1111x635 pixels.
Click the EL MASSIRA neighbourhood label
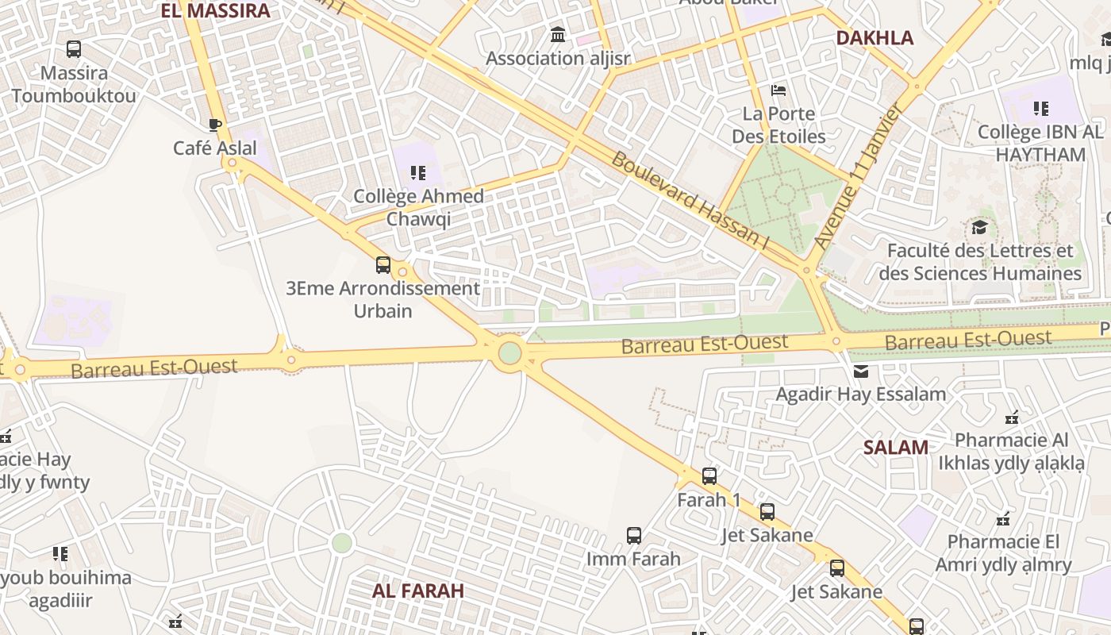pos(216,10)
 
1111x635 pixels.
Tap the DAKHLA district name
pos(875,37)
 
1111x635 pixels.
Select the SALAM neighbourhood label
pos(896,447)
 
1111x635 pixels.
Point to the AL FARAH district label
pos(418,591)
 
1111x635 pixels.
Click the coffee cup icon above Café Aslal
pos(214,125)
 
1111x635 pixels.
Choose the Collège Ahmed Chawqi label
pos(418,207)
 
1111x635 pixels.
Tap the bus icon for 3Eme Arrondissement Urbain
pos(383,265)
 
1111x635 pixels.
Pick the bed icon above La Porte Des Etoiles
pos(778,90)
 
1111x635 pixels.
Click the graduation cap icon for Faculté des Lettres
pos(980,229)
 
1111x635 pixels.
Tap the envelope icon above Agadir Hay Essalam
pos(860,371)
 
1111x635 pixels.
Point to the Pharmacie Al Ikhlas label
pos(1011,451)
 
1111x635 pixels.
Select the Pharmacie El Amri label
pos(1003,553)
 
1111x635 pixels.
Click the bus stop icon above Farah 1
pos(709,476)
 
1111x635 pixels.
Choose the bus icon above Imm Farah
pos(633,535)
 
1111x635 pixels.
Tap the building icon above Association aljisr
pos(558,35)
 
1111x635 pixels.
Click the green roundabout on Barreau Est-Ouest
pos(509,352)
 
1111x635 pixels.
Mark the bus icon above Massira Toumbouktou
pos(74,49)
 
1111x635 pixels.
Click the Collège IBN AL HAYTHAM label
pos(1040,143)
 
